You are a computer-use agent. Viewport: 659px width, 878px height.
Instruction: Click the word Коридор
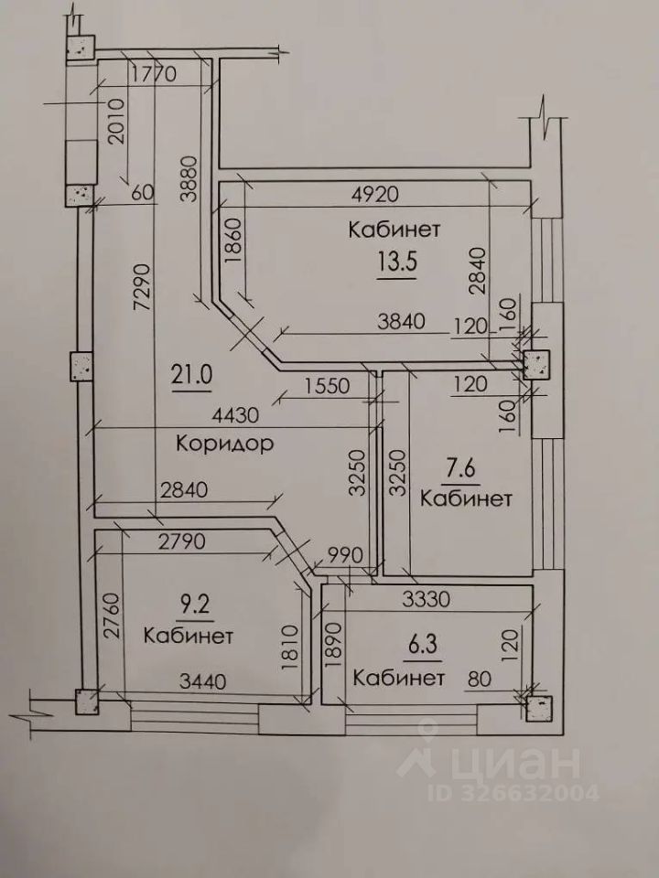[x=226, y=445]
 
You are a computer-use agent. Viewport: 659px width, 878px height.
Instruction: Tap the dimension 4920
[x=376, y=194]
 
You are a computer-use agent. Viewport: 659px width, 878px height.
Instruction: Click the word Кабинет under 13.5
[x=394, y=229]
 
